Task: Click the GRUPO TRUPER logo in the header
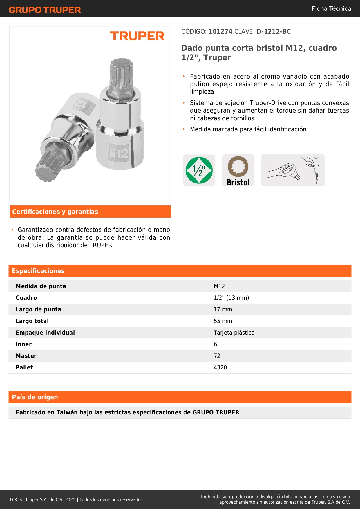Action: click(45, 10)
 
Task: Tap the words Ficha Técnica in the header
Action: click(331, 9)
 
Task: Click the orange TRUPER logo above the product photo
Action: click(137, 36)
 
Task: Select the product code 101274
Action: click(220, 32)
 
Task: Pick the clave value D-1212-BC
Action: click(274, 32)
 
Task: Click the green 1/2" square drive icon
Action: click(199, 170)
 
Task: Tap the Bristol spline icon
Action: click(238, 170)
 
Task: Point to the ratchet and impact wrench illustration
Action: click(293, 170)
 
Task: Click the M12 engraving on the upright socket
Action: click(118, 153)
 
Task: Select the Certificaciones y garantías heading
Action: click(55, 212)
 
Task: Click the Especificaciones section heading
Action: click(38, 271)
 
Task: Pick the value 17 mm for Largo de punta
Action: click(223, 309)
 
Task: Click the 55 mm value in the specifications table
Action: click(223, 321)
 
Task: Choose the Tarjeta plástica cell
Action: click(234, 333)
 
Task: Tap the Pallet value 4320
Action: click(220, 367)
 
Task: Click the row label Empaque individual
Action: click(45, 333)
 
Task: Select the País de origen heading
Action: click(35, 397)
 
